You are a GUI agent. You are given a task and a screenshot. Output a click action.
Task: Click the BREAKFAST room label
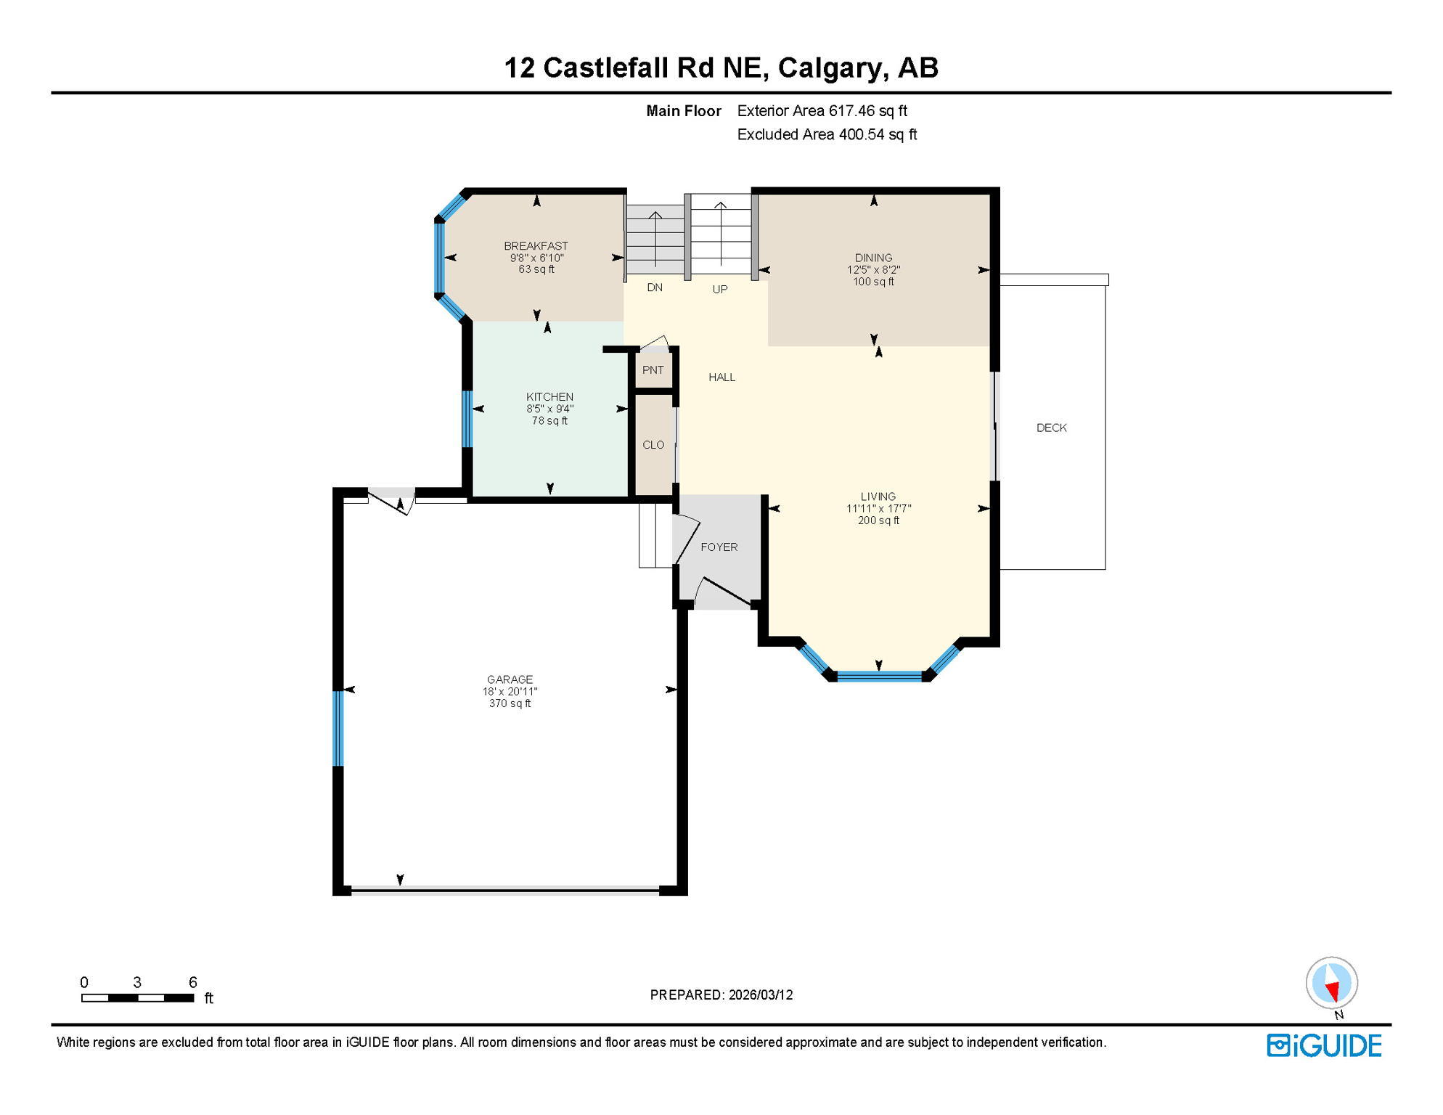click(536, 246)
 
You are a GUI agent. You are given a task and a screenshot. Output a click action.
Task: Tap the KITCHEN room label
click(549, 396)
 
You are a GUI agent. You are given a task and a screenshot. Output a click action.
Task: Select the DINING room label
click(873, 258)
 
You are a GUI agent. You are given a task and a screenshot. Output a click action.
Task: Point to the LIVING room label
click(878, 497)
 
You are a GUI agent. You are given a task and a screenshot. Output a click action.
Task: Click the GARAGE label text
click(510, 679)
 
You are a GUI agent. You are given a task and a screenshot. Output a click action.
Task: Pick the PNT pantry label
click(653, 370)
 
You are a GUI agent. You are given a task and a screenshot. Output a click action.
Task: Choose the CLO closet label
click(653, 445)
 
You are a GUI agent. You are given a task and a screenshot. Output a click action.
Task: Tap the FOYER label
click(719, 547)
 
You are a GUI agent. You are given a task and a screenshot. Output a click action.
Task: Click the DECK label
click(1051, 428)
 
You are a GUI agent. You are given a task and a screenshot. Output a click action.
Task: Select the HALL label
click(721, 377)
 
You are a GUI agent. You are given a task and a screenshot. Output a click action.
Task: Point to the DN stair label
click(655, 287)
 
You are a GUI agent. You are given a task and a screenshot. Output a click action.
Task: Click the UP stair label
click(719, 289)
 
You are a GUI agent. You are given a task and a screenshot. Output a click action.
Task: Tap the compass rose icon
click(1331, 984)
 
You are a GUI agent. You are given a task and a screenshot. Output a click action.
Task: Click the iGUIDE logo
click(1324, 1045)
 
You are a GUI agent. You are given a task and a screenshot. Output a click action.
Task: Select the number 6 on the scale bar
click(192, 982)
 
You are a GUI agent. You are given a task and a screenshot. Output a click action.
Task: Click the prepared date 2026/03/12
click(761, 995)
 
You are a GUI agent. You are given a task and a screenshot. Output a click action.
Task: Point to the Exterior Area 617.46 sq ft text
click(822, 111)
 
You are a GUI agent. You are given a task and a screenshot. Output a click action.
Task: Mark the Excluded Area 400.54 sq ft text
click(827, 135)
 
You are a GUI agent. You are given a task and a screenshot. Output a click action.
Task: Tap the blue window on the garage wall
click(338, 728)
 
